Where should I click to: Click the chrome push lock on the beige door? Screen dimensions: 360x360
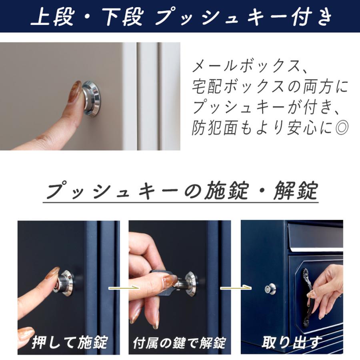coord(92,98)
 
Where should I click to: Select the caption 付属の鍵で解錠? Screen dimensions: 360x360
coord(179,342)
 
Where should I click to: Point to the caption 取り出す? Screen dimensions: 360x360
coord(291,342)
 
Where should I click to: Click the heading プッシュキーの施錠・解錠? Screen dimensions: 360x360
coord(181,191)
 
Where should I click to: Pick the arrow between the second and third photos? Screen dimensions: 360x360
coord(236,287)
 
